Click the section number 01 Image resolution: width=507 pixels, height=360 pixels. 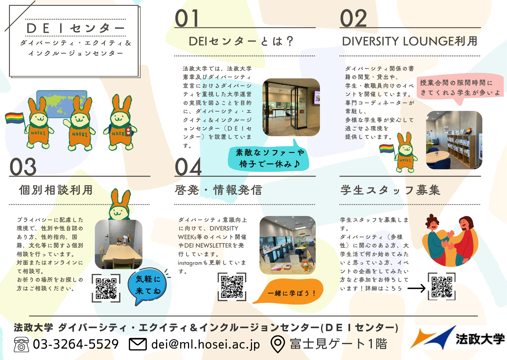pyautogui.click(x=187, y=18)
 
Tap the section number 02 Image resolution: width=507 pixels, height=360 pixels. pyautogui.click(x=353, y=18)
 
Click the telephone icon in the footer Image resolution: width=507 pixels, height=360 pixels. pyautogui.click(x=21, y=345)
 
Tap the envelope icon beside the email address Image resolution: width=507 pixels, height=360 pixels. pyautogui.click(x=138, y=344)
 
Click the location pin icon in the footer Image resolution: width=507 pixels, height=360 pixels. pyautogui.click(x=278, y=344)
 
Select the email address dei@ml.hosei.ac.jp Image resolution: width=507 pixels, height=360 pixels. pyautogui.click(x=206, y=344)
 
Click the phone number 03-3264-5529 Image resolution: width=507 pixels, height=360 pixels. pyautogui.click(x=76, y=344)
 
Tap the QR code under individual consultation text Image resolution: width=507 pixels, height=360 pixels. pyautogui.click(x=106, y=288)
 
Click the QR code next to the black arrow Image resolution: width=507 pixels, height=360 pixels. pyautogui.click(x=442, y=287)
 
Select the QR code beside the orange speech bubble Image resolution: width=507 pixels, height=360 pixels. pyautogui.click(x=232, y=287)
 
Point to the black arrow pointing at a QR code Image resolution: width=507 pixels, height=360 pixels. pyautogui.click(x=417, y=288)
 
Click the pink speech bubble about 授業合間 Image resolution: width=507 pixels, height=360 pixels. pyautogui.click(x=459, y=88)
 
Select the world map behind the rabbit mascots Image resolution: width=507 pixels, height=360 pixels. pyautogui.click(x=62, y=104)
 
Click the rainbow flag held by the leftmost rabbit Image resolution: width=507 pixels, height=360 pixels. pyautogui.click(x=15, y=118)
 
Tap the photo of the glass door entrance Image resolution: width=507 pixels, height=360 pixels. pyautogui.click(x=291, y=107)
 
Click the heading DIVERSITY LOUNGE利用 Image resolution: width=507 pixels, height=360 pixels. pyautogui.click(x=410, y=41)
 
